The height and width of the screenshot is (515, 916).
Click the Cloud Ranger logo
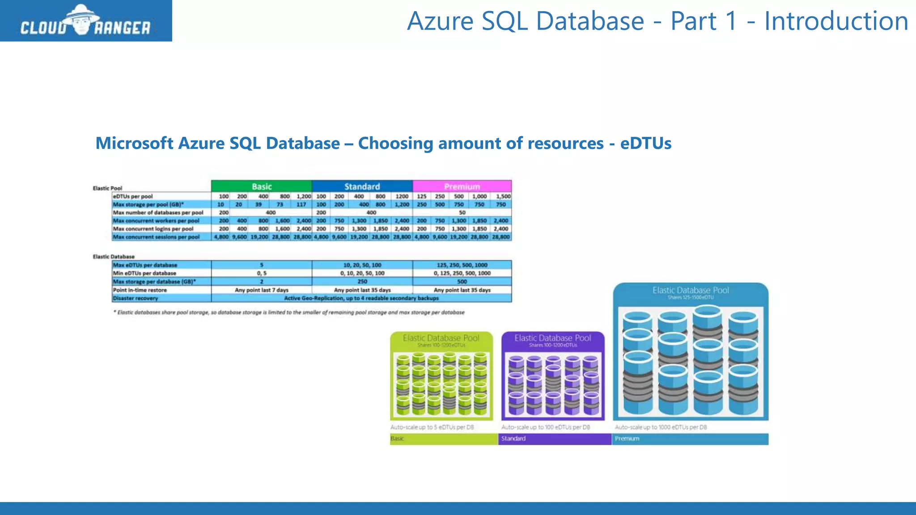click(x=86, y=21)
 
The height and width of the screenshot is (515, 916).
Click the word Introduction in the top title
click(x=836, y=21)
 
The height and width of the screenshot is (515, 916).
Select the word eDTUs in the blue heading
click(x=645, y=144)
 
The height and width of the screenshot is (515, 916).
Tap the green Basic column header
click(x=262, y=186)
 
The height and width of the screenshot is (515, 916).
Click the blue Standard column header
click(x=362, y=186)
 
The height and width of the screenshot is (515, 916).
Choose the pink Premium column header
click(x=462, y=186)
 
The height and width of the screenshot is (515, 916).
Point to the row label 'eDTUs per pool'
click(x=133, y=196)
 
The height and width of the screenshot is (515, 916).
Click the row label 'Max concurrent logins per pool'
click(x=153, y=229)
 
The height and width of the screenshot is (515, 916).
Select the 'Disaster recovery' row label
click(x=136, y=298)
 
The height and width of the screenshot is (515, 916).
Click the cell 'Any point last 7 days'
click(x=262, y=290)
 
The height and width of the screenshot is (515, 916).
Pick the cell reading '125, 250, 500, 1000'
click(x=462, y=265)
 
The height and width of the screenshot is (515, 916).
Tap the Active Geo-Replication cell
click(x=361, y=298)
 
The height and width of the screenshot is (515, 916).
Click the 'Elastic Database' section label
click(x=114, y=257)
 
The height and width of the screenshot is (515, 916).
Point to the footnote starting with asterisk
click(x=289, y=312)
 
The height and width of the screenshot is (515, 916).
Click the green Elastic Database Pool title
click(x=441, y=338)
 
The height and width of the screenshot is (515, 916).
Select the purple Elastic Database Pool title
click(x=553, y=338)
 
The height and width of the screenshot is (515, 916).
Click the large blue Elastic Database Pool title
click(x=691, y=290)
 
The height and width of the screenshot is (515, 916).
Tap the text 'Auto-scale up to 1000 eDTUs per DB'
click(x=661, y=427)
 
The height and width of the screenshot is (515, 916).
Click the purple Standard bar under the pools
click(x=555, y=439)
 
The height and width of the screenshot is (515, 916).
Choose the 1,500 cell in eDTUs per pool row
click(x=503, y=196)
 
